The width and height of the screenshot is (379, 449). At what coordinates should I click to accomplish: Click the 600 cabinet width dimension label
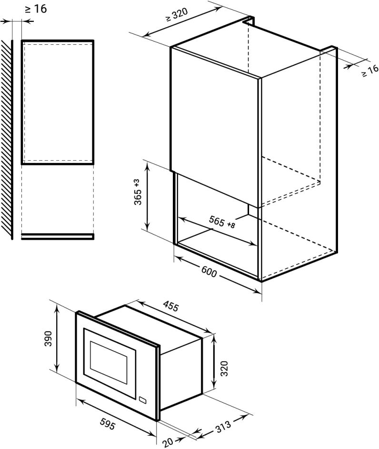point(209,272)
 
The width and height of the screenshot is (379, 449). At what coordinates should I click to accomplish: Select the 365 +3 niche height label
point(138,192)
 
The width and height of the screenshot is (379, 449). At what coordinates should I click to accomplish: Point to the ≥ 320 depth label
point(177,15)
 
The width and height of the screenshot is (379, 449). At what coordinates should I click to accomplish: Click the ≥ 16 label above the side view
point(35,9)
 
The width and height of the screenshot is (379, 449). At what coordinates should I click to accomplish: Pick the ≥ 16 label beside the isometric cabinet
point(370,71)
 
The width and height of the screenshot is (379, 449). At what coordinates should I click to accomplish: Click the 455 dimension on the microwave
point(171,306)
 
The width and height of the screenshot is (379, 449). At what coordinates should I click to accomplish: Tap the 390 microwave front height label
point(48,338)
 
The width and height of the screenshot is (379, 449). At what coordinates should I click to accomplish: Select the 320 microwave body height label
point(224,368)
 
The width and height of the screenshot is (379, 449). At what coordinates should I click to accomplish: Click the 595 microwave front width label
point(108,424)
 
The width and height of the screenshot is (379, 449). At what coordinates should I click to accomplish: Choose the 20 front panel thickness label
point(168,442)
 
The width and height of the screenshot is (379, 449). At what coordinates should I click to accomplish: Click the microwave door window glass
point(109,363)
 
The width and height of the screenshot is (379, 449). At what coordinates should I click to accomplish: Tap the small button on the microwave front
point(142,400)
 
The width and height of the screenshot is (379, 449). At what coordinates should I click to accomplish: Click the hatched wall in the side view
point(6,140)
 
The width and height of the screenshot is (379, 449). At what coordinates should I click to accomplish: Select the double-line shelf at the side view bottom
point(58,236)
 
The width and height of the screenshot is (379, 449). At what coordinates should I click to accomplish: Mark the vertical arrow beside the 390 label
point(57,338)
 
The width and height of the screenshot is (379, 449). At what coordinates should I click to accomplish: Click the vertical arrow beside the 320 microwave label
point(213,361)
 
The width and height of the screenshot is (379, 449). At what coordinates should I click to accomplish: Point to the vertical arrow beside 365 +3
point(147,196)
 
